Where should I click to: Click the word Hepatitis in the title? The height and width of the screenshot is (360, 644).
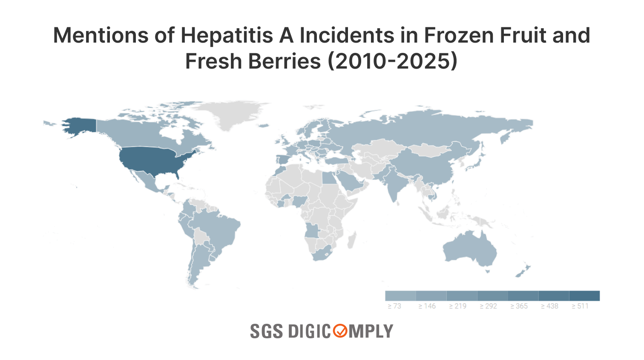coord(227,35)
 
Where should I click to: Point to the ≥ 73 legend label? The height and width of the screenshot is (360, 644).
coord(394,306)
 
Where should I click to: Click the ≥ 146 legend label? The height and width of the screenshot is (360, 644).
coord(427,306)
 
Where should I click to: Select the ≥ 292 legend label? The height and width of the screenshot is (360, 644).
coord(488,306)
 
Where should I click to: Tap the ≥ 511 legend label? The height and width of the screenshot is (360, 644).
coord(580,306)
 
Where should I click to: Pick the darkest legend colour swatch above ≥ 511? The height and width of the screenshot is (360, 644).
coord(584,296)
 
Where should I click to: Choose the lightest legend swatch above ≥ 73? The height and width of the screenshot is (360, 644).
coord(400,296)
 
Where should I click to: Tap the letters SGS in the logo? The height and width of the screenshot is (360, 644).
coord(266,331)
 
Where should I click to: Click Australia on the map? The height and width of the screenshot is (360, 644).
coord(471,249)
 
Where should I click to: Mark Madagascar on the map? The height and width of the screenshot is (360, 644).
coord(352,240)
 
